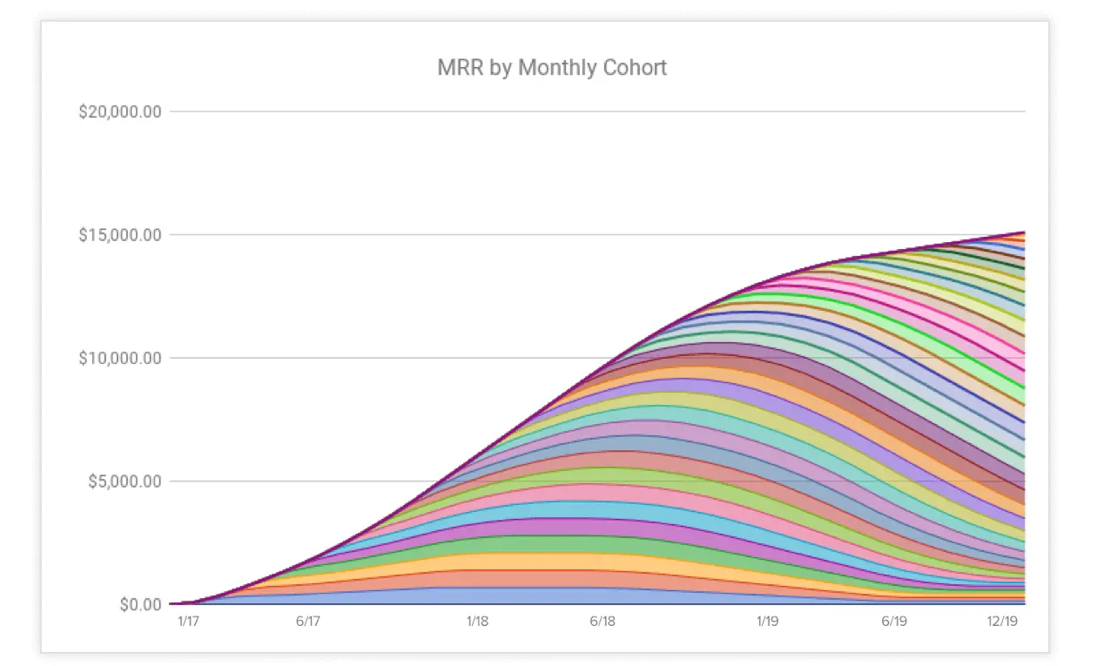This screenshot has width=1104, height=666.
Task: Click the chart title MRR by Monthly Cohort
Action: [x=551, y=68]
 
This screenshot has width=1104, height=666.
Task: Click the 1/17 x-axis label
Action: [x=188, y=622]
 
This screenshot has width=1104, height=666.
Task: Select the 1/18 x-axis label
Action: [x=477, y=622]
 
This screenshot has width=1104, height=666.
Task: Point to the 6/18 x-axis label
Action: [x=602, y=622]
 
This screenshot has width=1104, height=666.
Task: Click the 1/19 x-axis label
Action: [x=767, y=622]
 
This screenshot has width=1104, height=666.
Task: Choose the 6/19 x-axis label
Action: [x=894, y=622]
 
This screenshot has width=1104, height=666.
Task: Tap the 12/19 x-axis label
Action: [x=1002, y=622]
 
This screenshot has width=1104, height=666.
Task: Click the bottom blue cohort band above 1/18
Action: [x=477, y=596]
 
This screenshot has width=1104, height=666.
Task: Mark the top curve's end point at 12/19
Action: [x=1024, y=232]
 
